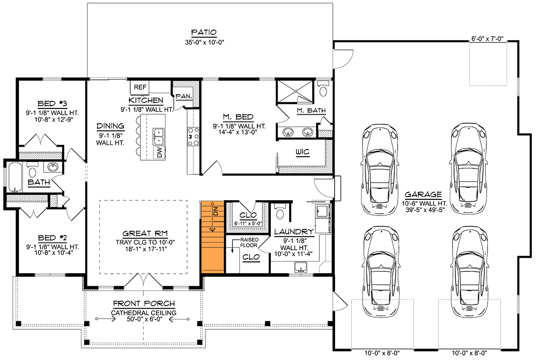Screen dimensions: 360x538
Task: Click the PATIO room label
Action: [x=204, y=32]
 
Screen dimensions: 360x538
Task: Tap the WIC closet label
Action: [x=303, y=152]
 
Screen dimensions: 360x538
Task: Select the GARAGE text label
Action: [x=423, y=195]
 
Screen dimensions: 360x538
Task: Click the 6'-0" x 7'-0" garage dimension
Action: [x=489, y=39]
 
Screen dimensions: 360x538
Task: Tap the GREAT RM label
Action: [x=145, y=234]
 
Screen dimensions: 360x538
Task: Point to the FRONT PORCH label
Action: [x=144, y=304]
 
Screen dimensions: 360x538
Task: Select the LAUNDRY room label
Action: [x=294, y=232]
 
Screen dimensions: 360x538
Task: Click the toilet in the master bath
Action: [x=323, y=89]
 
